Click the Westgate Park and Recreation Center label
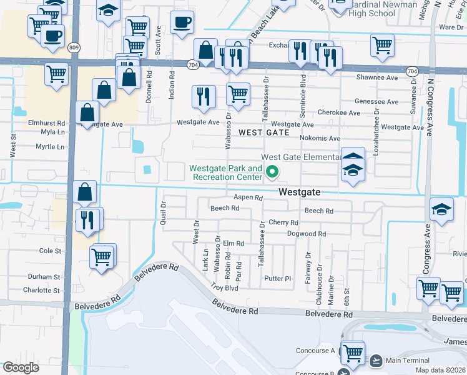point(226,173)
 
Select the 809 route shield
point(75,47)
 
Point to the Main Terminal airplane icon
point(376,361)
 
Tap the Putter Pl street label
point(278,278)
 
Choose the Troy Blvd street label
point(224,287)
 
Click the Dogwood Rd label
point(307,234)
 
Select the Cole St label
point(51,251)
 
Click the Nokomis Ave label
point(318,138)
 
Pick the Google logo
point(21,367)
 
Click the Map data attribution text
point(440,370)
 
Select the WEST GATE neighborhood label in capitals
point(264,132)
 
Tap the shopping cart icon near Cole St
point(102,256)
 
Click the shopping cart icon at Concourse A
point(353,352)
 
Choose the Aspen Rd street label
point(248,197)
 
